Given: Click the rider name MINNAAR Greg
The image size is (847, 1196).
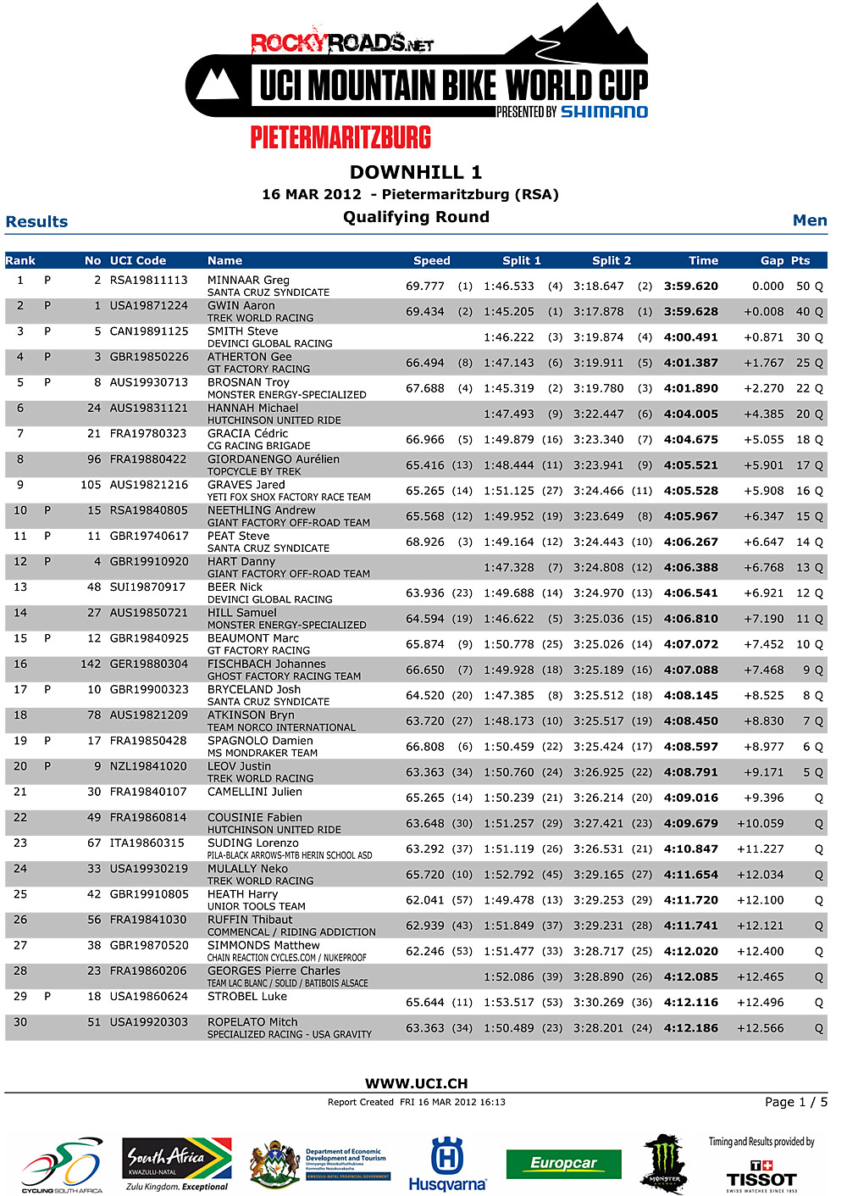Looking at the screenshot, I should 248,280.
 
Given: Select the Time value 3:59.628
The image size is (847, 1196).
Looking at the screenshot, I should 690,312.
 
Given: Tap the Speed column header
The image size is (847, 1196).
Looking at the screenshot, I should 431,261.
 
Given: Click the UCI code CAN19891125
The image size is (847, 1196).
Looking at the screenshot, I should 149,331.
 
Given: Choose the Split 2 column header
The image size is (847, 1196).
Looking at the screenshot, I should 611,261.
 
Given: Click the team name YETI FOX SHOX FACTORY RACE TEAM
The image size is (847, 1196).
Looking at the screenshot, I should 289,497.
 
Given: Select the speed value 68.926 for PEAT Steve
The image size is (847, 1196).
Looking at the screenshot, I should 424,542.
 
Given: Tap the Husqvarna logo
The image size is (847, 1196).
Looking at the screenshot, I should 447,1164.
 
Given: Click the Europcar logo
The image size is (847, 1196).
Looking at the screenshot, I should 563,1164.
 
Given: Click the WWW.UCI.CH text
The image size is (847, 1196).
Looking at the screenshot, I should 416,1083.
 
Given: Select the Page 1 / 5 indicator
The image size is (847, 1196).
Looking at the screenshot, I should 795,1102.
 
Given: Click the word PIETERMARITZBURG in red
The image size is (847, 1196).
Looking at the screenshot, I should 340,137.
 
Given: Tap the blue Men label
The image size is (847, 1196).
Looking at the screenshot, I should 809,220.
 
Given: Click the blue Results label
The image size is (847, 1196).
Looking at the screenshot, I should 36,222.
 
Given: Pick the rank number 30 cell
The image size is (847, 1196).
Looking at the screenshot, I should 20,1022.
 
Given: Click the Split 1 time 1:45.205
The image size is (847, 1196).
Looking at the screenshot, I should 508,312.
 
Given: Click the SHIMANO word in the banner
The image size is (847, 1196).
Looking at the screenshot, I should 604,112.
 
